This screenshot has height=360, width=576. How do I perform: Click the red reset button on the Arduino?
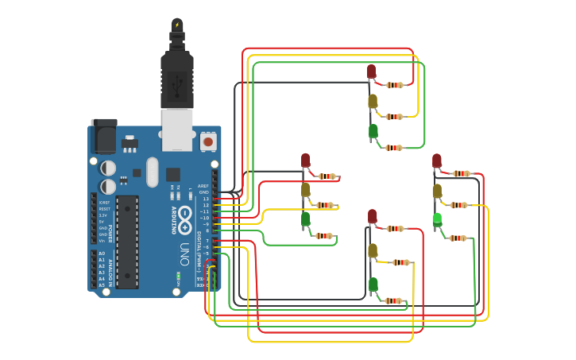pos(208,141)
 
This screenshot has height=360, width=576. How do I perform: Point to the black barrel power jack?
pos(103,137)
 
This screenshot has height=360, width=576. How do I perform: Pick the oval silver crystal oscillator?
pos(152,172)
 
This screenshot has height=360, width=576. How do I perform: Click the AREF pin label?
pos(204,186)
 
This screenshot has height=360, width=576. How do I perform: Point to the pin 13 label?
pos(205,199)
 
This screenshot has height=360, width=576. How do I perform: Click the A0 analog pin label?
pos(102,254)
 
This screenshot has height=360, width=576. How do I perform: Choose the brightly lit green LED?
pos(437,219)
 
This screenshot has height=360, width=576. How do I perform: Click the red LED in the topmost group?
pos(371,72)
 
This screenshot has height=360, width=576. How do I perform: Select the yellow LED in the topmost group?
pos(372,101)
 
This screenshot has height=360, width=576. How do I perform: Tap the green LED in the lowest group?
pos(373,284)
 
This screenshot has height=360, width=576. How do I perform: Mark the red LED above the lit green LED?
pos(436,161)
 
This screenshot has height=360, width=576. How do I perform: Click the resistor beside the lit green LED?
pos(458,238)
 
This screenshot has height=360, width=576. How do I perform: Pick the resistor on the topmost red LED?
pos(395,85)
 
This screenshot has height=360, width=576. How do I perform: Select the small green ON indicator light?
pos(180,276)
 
